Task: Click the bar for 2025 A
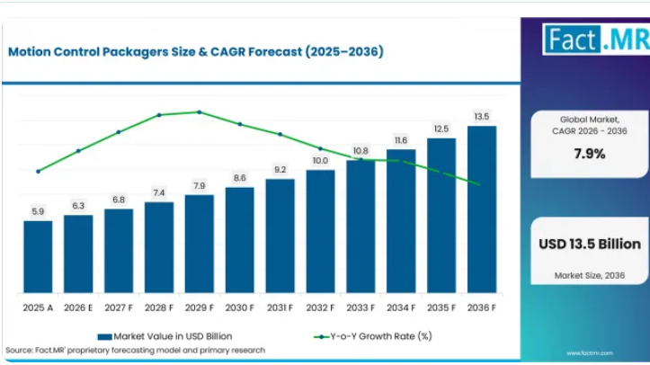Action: point(38,257)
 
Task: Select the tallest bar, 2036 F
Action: point(482,209)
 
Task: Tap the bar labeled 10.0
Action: point(320,231)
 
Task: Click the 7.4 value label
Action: point(159,192)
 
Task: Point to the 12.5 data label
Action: point(441,129)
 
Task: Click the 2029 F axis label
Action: point(200,307)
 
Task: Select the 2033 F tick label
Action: point(361,307)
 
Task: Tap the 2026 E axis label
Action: point(78,307)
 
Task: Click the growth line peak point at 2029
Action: point(200,111)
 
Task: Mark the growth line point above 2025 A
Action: point(38,171)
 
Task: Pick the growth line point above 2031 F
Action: point(280,134)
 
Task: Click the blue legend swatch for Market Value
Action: point(104,337)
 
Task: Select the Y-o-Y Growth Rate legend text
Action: point(381,336)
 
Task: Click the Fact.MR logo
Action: point(596,40)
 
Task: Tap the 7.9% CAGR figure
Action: point(590,154)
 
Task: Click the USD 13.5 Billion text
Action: point(590,244)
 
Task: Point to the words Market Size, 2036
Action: point(590,275)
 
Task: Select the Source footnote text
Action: point(135,350)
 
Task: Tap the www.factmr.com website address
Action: point(590,353)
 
